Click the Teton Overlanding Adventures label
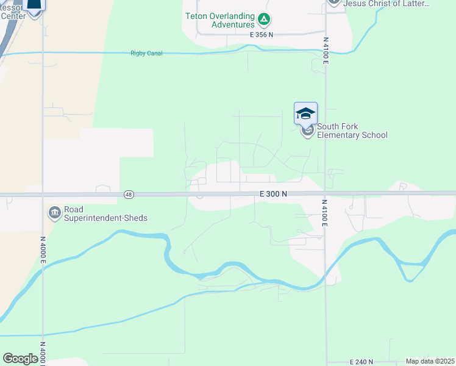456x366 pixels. (220, 20)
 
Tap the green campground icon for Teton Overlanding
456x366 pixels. (263, 20)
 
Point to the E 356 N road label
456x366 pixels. (262, 35)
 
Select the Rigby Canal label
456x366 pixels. (142, 53)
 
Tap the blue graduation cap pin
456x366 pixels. (305, 114)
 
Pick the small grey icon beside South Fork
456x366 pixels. (308, 131)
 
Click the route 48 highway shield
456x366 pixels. (128, 195)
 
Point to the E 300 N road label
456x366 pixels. (273, 193)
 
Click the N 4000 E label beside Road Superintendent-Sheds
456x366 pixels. (43, 250)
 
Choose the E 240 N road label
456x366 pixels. (362, 362)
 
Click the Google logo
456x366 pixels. (20, 359)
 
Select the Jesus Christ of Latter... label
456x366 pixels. (387, 4)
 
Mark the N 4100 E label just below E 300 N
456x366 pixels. (325, 213)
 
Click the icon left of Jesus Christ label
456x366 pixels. (333, 2)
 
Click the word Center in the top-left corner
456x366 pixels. (13, 16)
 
